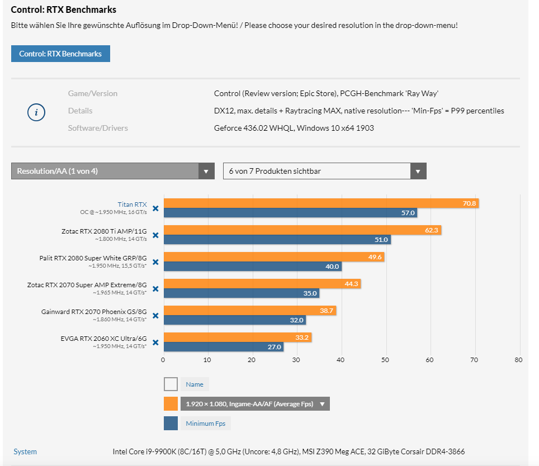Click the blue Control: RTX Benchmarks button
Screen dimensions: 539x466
coord(60,54)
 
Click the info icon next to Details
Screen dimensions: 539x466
coord(36,112)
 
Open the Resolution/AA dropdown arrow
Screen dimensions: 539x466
coord(206,171)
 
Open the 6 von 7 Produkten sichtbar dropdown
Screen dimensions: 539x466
coord(324,171)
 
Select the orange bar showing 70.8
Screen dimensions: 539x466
coord(321,203)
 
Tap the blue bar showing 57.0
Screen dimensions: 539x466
coord(291,213)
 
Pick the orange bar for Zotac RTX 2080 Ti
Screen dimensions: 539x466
coord(302,230)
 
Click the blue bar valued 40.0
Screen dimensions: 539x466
coord(253,267)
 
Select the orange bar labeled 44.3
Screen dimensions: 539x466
coord(262,284)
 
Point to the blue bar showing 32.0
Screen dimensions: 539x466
coord(235,320)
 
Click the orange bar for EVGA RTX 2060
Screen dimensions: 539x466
coord(238,337)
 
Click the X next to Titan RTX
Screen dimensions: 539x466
coord(155,208)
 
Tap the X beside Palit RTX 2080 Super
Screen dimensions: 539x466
coord(155,262)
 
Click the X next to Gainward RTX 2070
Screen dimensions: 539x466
coord(155,316)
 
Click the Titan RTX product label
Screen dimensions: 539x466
coord(132,205)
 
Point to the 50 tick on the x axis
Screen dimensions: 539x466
coord(385,360)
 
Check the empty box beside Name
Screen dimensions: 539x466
coord(171,384)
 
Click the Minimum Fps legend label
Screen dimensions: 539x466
coord(206,424)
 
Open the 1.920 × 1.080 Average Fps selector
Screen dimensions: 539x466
coord(255,404)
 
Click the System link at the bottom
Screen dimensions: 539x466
coord(25,451)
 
